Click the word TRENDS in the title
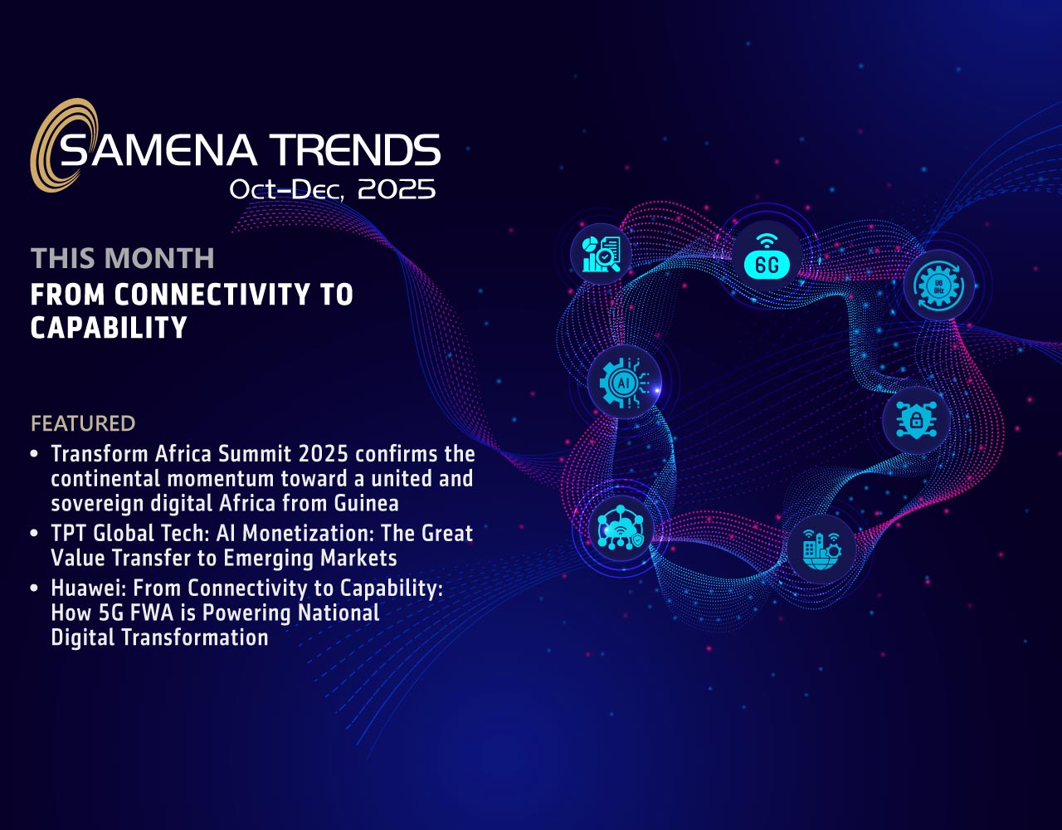pos(355,149)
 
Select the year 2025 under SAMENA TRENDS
pos(397,189)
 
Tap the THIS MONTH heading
pos(122,258)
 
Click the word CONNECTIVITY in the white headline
pos(212,295)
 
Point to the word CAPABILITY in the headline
pos(109,328)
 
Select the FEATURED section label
pos(83,423)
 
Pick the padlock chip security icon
pos(916,420)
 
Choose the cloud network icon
pos(621,528)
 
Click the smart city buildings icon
pos(821,549)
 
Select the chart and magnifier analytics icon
pos(602,254)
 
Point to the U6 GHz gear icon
pos(939,285)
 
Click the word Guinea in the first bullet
pos(366,503)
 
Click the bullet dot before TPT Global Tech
pos(34,533)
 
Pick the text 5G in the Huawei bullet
pos(110,613)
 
